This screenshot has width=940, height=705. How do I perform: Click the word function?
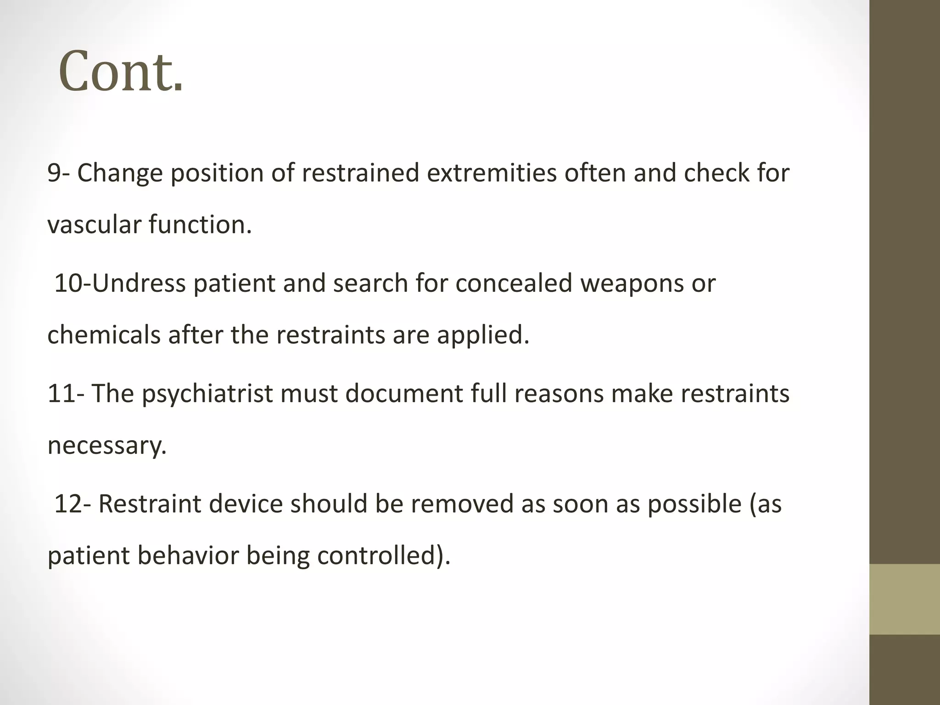(200, 225)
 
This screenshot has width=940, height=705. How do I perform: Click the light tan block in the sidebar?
(904, 599)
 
